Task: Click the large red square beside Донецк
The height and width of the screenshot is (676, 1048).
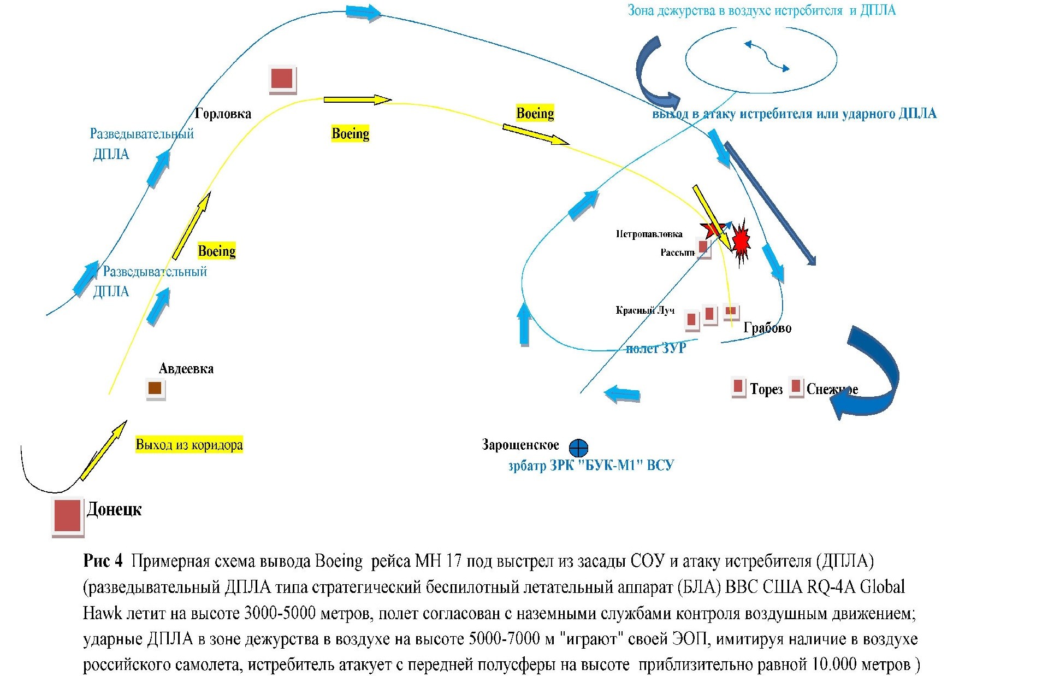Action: [67, 515]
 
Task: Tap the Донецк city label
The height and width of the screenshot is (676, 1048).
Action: [114, 509]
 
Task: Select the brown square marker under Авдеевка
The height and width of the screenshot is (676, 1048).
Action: [155, 388]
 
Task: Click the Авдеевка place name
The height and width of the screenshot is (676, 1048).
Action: [186, 369]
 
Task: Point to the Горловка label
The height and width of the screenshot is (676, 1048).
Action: [223, 114]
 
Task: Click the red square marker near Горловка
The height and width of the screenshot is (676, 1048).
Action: [282, 79]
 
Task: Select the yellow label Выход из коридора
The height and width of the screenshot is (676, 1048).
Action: [189, 444]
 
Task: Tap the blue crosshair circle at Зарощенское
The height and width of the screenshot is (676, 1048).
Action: [578, 448]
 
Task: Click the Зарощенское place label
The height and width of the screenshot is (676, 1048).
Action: [520, 445]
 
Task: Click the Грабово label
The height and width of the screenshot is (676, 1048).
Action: [767, 328]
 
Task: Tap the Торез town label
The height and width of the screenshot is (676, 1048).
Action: [766, 389]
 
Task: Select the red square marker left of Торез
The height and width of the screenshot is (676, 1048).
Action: [738, 386]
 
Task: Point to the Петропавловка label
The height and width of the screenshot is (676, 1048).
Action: [649, 234]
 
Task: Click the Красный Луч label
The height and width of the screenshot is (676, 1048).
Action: [645, 310]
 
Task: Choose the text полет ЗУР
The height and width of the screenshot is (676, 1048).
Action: [655, 348]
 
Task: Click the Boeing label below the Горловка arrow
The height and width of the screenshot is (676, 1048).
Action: [350, 133]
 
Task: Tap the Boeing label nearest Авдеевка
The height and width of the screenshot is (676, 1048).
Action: [216, 251]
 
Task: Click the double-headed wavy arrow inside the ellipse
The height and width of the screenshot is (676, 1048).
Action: [767, 56]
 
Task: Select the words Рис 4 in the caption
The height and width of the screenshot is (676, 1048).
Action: [103, 561]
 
